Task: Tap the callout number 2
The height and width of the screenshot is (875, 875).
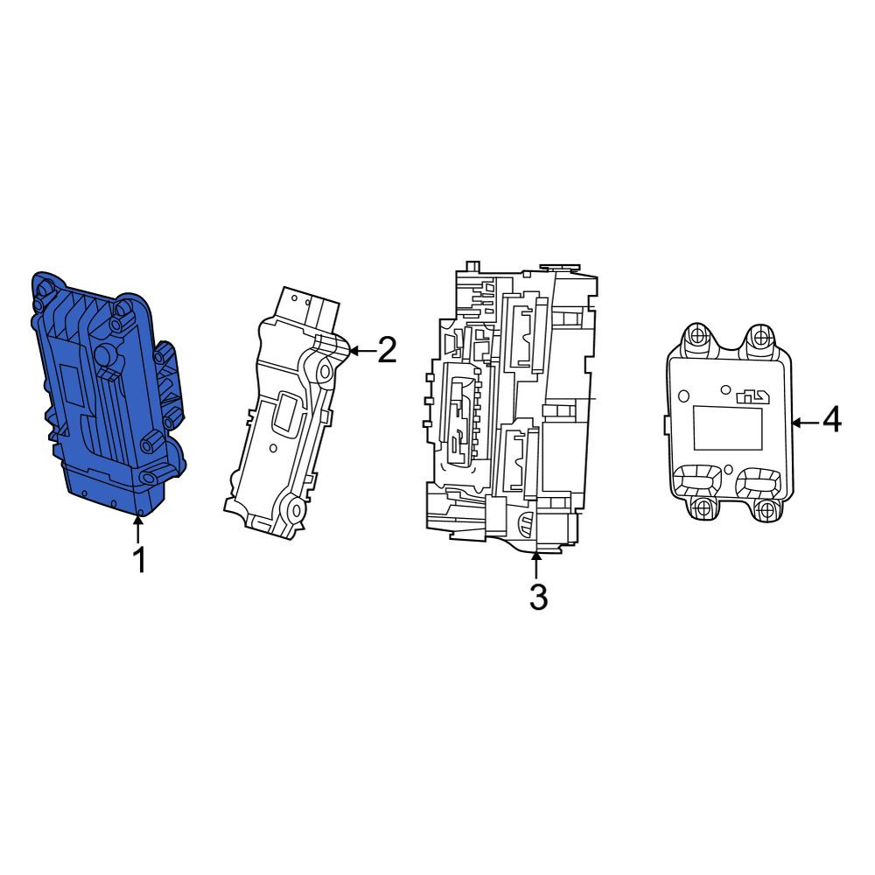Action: [x=387, y=350]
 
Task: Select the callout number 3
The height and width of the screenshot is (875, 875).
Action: [x=538, y=597]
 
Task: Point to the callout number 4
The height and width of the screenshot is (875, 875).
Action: [x=831, y=420]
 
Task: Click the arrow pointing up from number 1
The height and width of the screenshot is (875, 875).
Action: [x=137, y=529]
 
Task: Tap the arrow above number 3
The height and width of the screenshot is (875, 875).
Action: [x=535, y=564]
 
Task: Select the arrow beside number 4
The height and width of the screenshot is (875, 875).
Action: [x=805, y=423]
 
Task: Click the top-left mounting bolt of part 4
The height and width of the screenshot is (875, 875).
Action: [x=697, y=336]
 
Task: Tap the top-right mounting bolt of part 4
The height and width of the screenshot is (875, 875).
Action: [x=759, y=336]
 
